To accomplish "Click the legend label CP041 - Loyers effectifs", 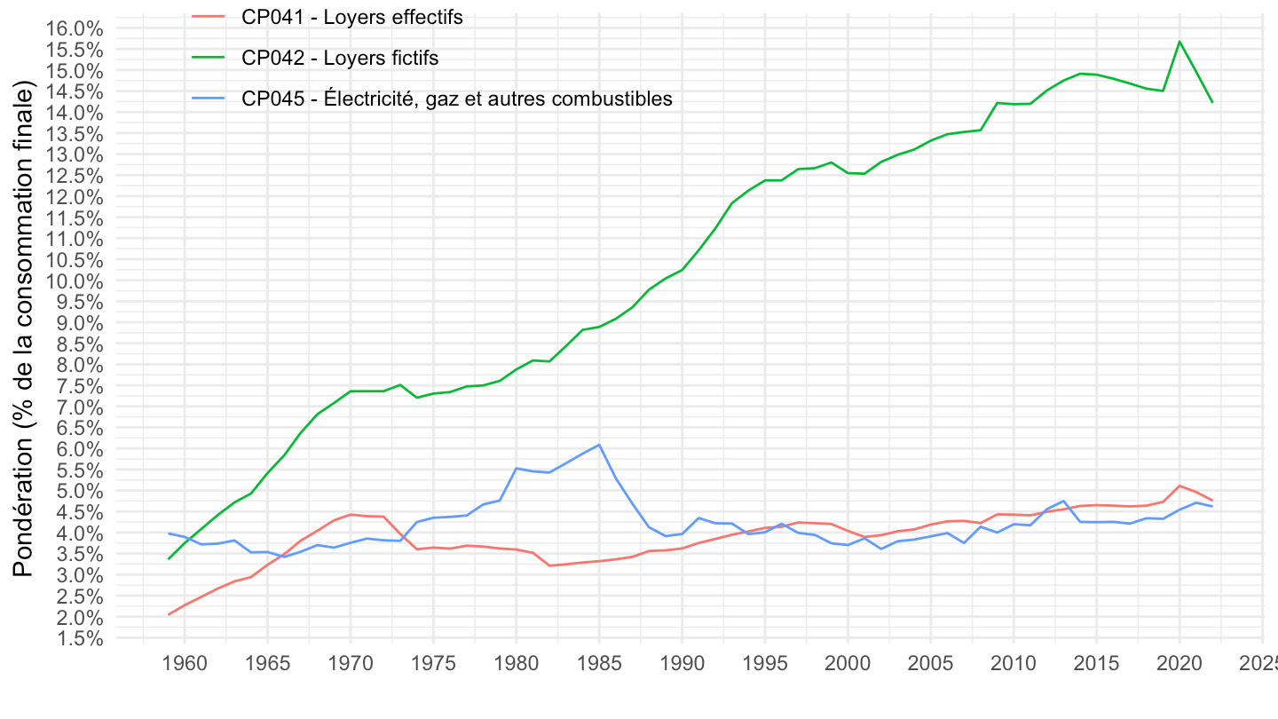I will [351, 17].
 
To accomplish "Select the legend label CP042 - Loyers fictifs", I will [340, 58].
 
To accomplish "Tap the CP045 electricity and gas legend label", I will [456, 99].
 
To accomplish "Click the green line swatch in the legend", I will [209, 58].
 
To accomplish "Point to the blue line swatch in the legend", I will [209, 99].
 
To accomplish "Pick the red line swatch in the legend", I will [209, 17].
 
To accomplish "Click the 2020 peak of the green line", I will [1179, 42].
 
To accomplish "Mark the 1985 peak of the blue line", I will [600, 445].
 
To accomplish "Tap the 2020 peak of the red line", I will [1179, 486].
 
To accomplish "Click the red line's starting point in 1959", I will [169, 614].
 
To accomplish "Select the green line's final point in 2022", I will [1212, 102].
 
